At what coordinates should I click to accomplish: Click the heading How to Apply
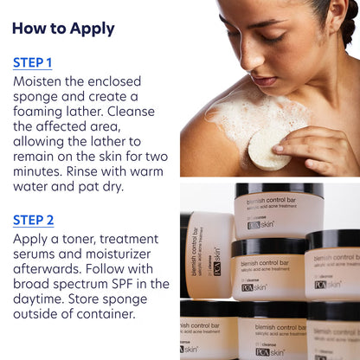[63, 29]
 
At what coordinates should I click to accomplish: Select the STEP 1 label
[33, 63]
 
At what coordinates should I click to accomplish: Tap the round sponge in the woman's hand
[270, 153]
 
